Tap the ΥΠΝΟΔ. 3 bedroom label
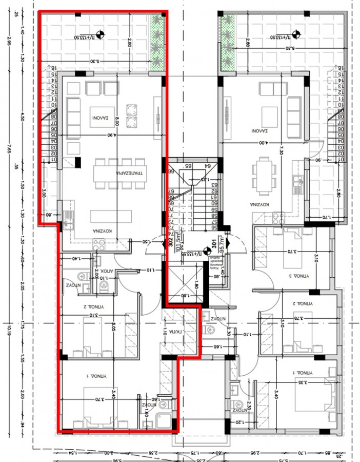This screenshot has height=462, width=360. pyautogui.click(x=298, y=276)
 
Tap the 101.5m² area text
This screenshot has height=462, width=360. pyautogui.click(x=178, y=243)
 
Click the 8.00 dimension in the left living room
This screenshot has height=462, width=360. pyautogui.click(x=117, y=121)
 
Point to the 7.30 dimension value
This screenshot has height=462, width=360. pyautogui.click(x=281, y=150)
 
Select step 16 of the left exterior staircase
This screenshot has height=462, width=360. pyautogui.click(x=53, y=68)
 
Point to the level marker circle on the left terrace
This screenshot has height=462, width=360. pyautogui.click(x=102, y=35)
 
